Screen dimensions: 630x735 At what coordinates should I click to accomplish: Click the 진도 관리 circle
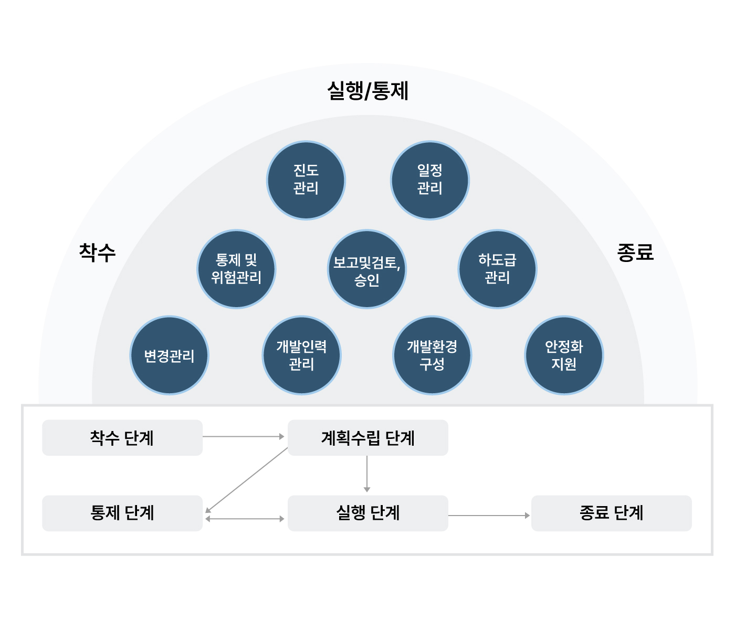click(x=306, y=180)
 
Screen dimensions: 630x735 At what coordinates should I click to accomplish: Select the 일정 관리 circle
click(x=430, y=180)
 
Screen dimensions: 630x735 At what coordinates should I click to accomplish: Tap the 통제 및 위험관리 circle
click(x=236, y=269)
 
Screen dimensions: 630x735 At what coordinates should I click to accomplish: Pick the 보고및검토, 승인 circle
click(x=367, y=269)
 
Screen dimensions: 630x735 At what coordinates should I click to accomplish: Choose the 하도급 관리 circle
click(x=497, y=269)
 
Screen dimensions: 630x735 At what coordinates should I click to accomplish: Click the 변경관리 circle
click(x=169, y=355)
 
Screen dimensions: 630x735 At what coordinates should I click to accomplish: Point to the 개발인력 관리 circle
click(x=301, y=355)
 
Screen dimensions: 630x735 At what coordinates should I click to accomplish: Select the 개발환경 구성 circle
click(x=432, y=355)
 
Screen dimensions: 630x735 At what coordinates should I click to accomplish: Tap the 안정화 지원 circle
click(x=564, y=355)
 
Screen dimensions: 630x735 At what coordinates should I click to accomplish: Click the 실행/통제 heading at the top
click(x=367, y=91)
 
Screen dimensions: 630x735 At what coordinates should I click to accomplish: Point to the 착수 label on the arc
click(x=97, y=253)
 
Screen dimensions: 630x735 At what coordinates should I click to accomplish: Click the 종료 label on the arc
click(x=635, y=253)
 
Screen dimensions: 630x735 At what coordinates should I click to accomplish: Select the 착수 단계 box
click(x=122, y=437)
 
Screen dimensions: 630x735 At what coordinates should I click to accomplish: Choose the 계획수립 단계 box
click(x=368, y=437)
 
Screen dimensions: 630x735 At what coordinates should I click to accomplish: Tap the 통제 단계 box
click(x=122, y=513)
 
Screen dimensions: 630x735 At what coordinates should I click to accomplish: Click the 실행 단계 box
click(x=368, y=513)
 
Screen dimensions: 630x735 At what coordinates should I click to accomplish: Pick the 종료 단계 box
click(x=612, y=513)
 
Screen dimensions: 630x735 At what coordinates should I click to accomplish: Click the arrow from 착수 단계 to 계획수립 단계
click(x=243, y=436)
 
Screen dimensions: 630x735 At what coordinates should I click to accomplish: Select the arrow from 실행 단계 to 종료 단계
click(x=489, y=516)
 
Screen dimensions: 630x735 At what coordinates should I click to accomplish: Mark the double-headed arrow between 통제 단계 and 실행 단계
click(x=245, y=519)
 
